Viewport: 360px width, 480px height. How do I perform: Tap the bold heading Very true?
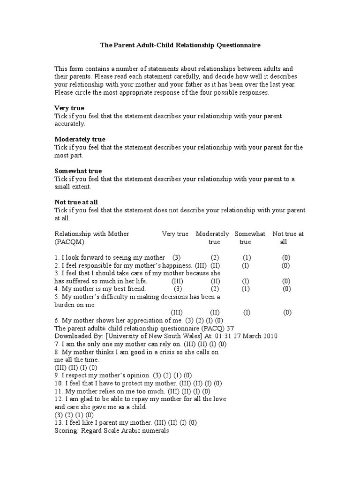pyautogui.click(x=69, y=108)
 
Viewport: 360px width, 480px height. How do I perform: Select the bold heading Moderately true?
pyautogui.click(x=80, y=139)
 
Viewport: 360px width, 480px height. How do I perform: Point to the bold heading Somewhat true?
pyautogui.click(x=78, y=171)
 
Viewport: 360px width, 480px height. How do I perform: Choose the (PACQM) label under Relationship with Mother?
pyautogui.click(x=70, y=242)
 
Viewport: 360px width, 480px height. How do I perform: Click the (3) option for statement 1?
pyautogui.click(x=176, y=257)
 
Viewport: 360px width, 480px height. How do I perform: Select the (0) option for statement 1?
pyautogui.click(x=286, y=257)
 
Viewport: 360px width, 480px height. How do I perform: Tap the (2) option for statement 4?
pyautogui.click(x=215, y=289)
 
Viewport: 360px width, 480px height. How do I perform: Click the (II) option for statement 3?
pyautogui.click(x=215, y=281)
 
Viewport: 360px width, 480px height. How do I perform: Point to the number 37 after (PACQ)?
pyautogui.click(x=230, y=328)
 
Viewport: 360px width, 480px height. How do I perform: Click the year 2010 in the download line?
pyautogui.click(x=270, y=336)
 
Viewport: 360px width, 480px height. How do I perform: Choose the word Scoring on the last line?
pyautogui.click(x=67, y=430)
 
